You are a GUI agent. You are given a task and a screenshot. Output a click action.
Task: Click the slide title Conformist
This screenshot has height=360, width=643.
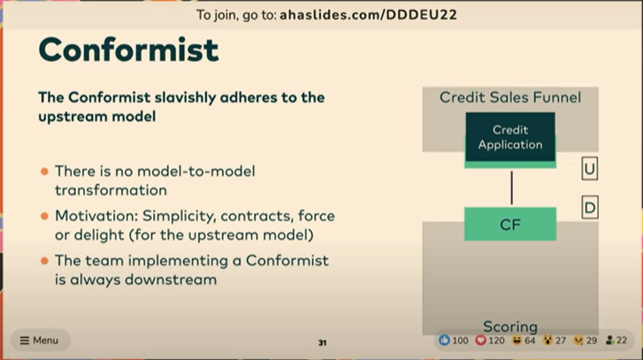[x=128, y=50]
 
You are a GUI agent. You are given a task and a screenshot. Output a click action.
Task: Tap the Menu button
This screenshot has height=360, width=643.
[x=40, y=341]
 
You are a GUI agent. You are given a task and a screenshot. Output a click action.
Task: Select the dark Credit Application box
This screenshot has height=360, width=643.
[x=510, y=137]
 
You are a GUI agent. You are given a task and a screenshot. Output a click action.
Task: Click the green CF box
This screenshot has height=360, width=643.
[x=510, y=224]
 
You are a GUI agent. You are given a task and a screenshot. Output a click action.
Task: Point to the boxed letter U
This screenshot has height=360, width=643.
[x=590, y=169]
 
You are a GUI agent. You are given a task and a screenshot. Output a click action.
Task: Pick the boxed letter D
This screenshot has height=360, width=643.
[x=590, y=208]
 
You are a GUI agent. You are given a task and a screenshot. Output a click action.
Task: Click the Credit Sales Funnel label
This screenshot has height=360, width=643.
[x=510, y=97]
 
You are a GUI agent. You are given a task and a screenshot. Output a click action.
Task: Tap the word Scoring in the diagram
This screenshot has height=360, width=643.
[x=510, y=326]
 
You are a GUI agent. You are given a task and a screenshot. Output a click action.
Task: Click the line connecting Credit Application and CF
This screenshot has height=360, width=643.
[x=511, y=188]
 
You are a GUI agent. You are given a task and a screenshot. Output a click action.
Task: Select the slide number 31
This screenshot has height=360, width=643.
[x=322, y=343]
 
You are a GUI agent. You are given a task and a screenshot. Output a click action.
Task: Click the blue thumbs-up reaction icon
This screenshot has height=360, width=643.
[x=444, y=340]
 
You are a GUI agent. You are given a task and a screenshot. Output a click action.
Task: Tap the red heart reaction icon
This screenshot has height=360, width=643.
[x=480, y=340]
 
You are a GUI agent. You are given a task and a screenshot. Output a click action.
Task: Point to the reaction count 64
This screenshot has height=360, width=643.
[x=530, y=341]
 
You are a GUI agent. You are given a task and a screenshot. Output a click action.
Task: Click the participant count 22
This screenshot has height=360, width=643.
[x=622, y=341]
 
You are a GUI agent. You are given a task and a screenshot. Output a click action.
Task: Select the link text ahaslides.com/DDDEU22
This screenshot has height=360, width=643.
[x=368, y=15]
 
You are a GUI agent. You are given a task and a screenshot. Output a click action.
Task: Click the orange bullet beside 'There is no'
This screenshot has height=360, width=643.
[x=45, y=171]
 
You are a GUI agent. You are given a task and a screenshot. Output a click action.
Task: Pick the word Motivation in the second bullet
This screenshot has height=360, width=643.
[x=96, y=216]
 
